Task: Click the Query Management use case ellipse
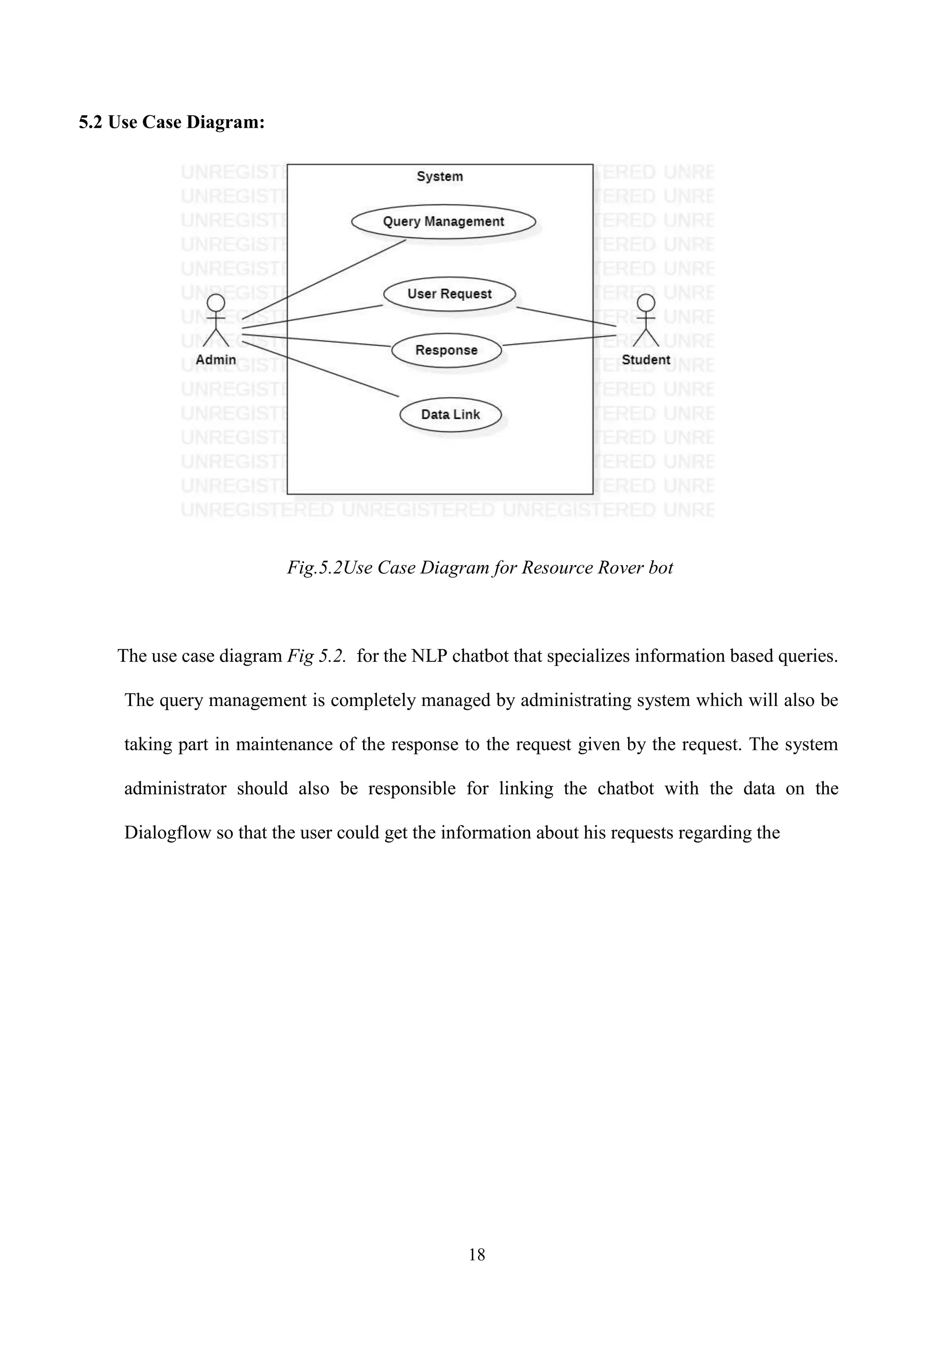point(443,222)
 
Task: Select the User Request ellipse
point(450,294)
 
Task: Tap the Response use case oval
point(446,350)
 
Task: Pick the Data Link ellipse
point(450,415)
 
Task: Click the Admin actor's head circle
point(216,303)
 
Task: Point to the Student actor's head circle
point(646,303)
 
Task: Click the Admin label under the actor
point(216,360)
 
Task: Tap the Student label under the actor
point(646,360)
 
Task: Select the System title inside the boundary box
point(440,177)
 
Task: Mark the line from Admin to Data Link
point(323,370)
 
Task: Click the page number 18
point(477,1255)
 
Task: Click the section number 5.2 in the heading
point(91,122)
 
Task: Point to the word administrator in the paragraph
point(175,788)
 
